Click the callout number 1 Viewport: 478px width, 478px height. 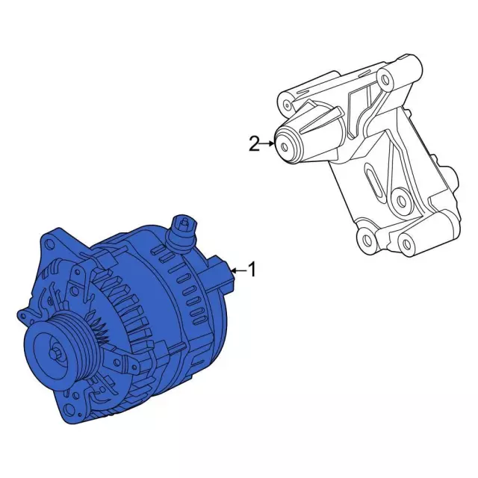pyautogui.click(x=252, y=269)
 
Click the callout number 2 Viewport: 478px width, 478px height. pyautogui.click(x=254, y=143)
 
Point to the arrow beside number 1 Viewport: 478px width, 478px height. pyautogui.click(x=239, y=270)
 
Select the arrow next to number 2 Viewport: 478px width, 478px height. pyautogui.click(x=268, y=143)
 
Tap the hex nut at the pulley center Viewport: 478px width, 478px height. pyautogui.click(x=55, y=354)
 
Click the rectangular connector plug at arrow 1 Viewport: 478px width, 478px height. pyautogui.click(x=221, y=272)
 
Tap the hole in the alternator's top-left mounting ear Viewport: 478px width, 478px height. pyautogui.click(x=48, y=243)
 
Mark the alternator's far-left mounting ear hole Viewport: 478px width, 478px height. pyautogui.click(x=23, y=315)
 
